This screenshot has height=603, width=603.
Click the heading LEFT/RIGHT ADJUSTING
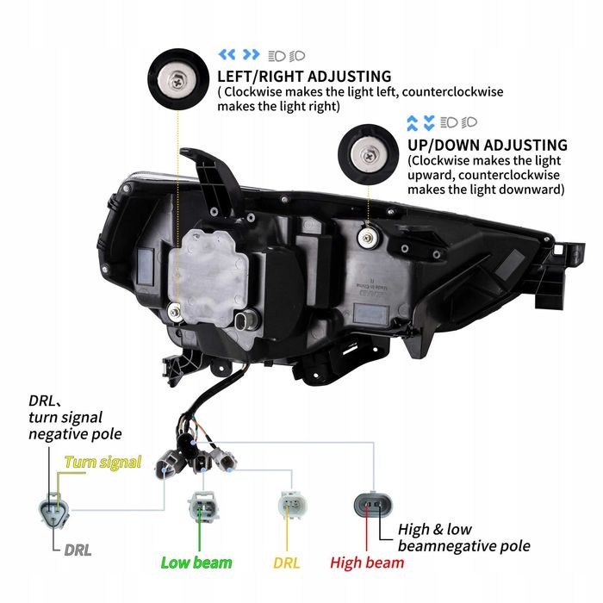click(x=304, y=77)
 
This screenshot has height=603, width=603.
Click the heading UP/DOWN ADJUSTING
click(x=488, y=145)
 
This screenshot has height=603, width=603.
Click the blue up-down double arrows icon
click(x=420, y=121)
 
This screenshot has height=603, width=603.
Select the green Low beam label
click(x=196, y=563)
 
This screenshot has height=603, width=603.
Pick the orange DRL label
click(x=288, y=563)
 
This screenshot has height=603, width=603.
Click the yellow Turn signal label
click(x=103, y=463)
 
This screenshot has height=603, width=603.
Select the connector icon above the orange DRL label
click(x=289, y=507)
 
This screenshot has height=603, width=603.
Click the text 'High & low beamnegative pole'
click(x=463, y=538)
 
